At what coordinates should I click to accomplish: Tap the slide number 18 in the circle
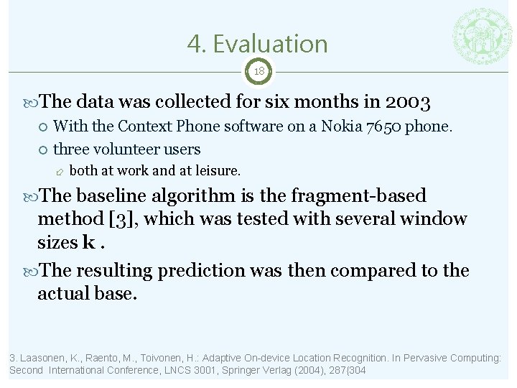coord(259,72)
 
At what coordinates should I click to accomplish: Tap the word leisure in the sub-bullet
coord(216,171)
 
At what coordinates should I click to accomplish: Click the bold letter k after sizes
coord(89,241)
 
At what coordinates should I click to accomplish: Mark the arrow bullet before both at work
coord(60,172)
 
